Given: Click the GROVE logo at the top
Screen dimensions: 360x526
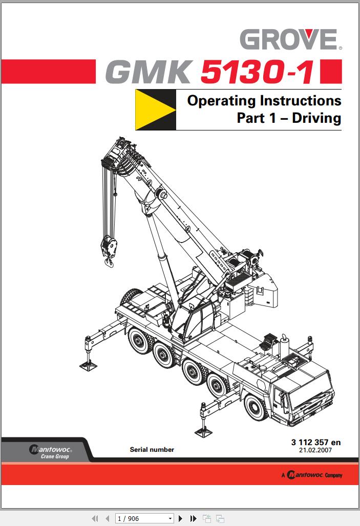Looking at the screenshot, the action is [291, 39].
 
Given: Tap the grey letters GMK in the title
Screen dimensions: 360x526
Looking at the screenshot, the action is [150, 72].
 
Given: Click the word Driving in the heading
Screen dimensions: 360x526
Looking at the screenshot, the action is [316, 118].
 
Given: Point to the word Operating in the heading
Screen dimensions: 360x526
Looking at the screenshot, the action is [222, 101].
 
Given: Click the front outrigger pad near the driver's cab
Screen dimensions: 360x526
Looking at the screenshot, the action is [203, 431].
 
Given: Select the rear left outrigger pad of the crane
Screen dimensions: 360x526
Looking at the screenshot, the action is [88, 366].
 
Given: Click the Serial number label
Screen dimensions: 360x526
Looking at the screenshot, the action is [152, 450].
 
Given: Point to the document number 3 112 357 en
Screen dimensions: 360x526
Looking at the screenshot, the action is [315, 442].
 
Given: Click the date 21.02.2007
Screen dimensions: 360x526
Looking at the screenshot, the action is [315, 450].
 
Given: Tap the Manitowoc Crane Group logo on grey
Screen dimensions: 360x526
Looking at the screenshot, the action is [50, 451].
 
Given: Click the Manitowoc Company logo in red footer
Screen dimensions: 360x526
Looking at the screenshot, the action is [312, 475].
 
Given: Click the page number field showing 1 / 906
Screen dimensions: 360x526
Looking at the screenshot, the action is [144, 519].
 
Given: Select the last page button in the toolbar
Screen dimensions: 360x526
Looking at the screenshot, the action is [193, 519].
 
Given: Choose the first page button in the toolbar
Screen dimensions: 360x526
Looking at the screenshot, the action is [95, 519].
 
